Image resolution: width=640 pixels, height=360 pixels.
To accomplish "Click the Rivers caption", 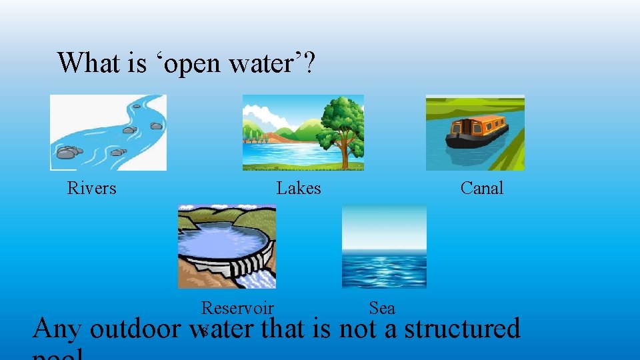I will click(91, 189).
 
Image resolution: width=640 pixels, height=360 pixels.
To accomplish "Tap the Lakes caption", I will click(299, 189).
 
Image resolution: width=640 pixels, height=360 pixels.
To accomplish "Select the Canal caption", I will click(482, 189).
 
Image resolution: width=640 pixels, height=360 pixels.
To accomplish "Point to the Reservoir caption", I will click(237, 308).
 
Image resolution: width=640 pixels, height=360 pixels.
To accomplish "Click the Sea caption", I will click(382, 308).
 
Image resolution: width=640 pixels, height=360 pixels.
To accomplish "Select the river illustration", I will click(108, 132).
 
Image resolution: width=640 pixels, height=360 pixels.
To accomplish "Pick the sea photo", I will click(384, 247).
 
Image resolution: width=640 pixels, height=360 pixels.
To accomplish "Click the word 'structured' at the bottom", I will click(461, 329).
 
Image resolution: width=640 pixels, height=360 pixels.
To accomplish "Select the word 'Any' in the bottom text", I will click(57, 329).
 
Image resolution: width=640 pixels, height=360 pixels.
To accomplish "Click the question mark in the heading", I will click(310, 63).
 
